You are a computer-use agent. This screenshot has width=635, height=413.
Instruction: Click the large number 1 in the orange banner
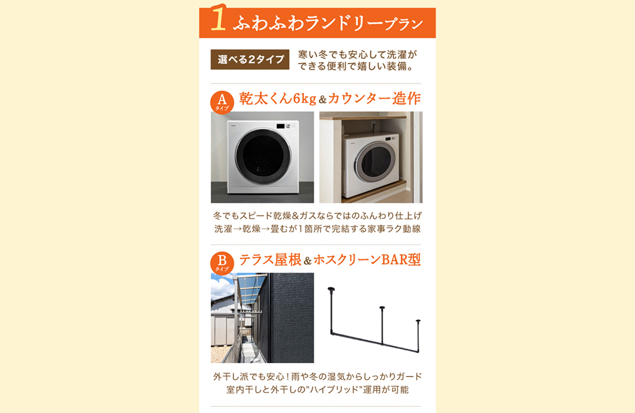click(218, 19)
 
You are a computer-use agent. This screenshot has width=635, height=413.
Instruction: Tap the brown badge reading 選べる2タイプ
click(250, 59)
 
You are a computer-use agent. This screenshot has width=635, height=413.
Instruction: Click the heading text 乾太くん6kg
click(278, 98)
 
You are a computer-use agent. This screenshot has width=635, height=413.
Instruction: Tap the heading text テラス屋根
click(268, 259)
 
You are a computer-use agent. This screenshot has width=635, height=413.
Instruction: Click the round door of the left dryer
click(262, 155)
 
